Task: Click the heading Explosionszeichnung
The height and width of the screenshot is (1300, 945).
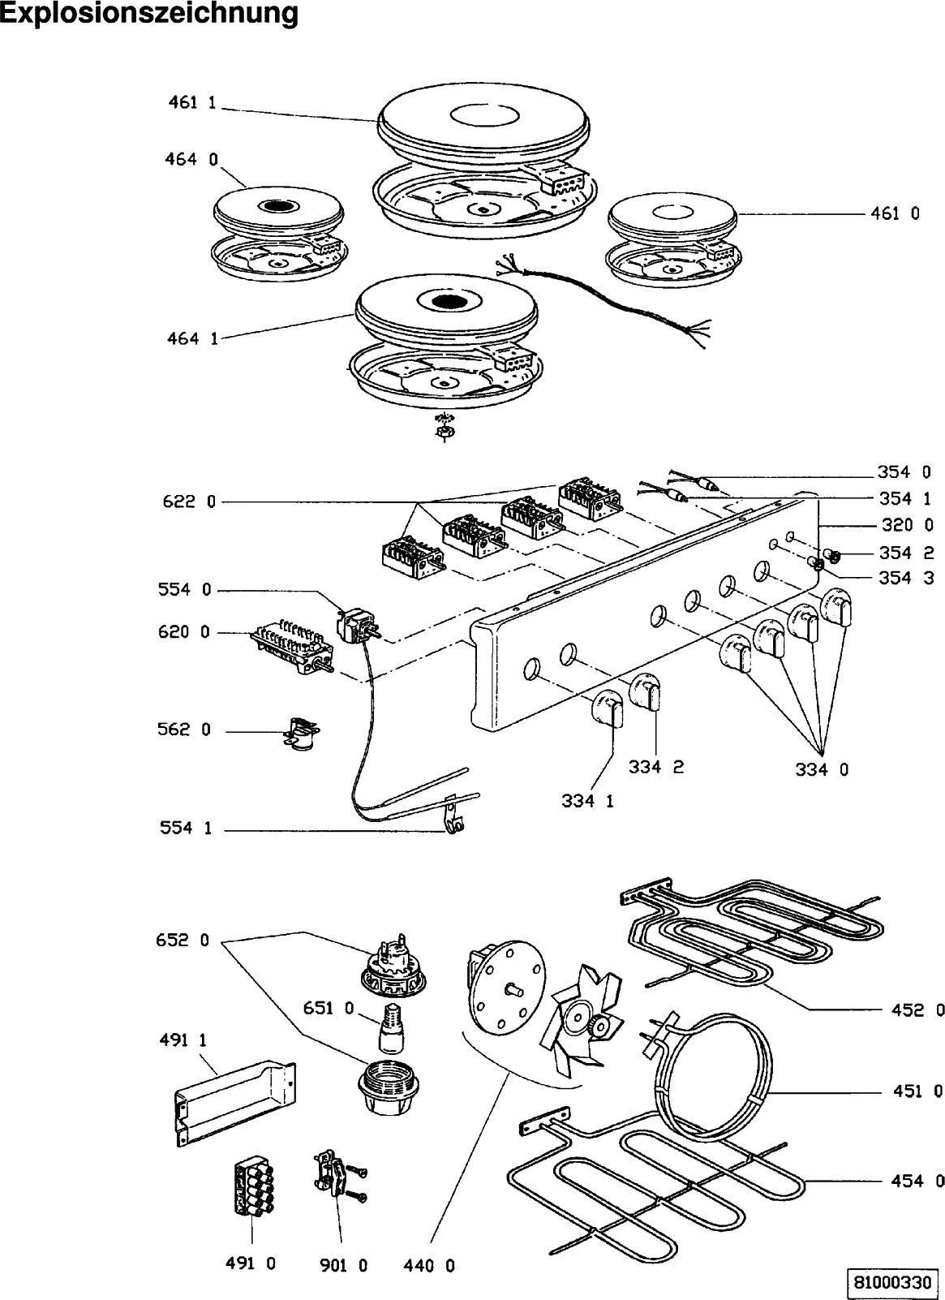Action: coord(150,15)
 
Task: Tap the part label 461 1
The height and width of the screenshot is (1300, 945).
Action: coord(191,102)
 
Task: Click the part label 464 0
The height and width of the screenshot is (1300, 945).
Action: coord(191,159)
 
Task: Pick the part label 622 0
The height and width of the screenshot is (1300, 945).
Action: coord(189,501)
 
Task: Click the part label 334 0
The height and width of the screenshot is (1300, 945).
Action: coord(822,770)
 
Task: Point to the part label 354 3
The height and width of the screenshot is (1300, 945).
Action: coord(906,578)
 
